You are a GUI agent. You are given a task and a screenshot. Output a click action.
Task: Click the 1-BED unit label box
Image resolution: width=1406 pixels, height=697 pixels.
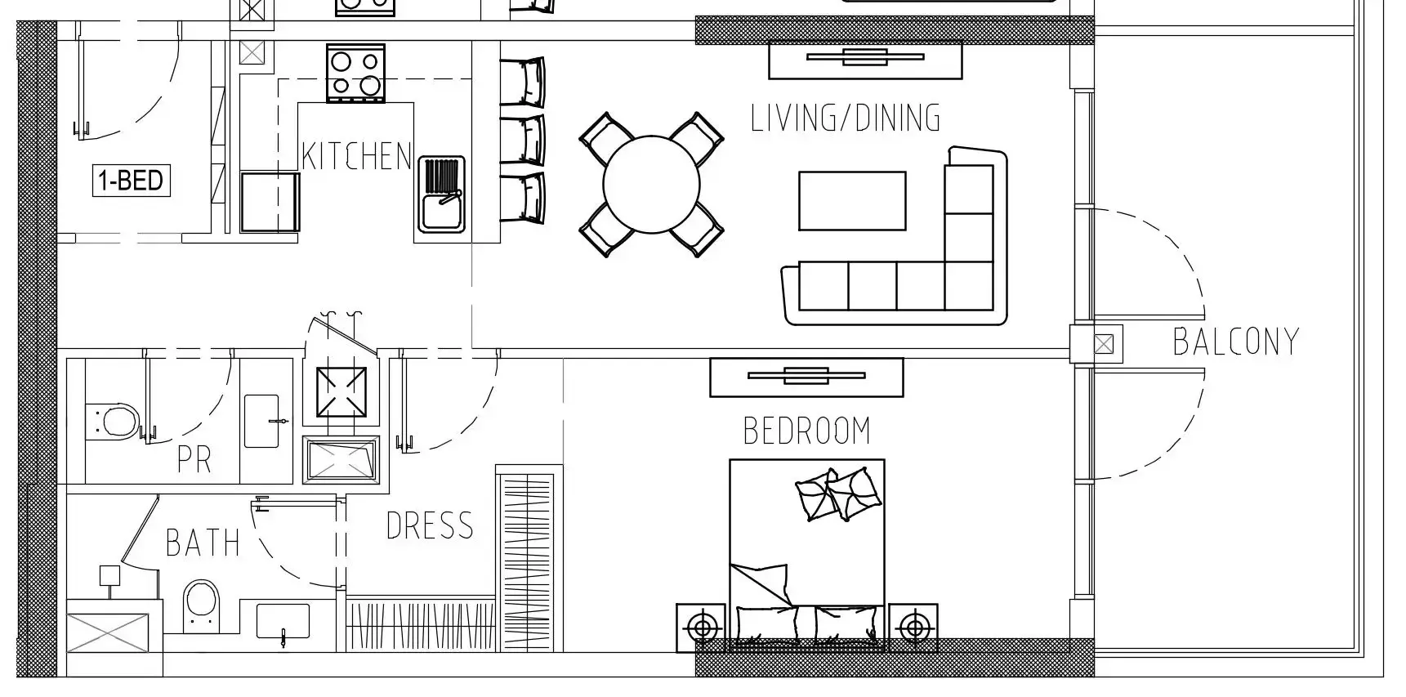[x=131, y=180]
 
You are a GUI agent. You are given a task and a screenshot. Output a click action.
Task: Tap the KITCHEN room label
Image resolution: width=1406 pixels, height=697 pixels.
[x=356, y=156]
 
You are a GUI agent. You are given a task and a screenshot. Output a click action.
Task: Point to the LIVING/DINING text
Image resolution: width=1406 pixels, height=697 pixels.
[x=846, y=118]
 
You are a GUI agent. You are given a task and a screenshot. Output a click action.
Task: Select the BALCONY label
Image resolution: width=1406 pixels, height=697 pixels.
[x=1235, y=342]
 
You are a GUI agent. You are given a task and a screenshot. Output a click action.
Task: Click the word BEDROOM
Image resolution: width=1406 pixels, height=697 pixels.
[x=806, y=431]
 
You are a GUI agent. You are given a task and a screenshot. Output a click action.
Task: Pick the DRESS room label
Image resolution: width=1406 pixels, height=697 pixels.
[x=430, y=525]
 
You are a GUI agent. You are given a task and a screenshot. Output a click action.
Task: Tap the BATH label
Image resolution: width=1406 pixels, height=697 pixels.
[x=203, y=543]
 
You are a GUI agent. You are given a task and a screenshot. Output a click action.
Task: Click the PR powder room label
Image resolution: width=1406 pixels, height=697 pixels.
[x=194, y=460]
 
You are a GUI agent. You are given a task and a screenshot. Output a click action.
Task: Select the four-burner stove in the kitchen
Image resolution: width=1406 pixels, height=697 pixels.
[x=355, y=74]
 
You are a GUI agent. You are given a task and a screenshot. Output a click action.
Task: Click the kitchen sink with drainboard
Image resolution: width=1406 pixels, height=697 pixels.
[x=441, y=194]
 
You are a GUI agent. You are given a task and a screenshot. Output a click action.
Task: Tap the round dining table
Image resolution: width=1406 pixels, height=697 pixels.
[x=651, y=185]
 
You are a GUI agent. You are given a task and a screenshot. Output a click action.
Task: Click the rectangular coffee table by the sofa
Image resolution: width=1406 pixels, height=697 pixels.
[x=852, y=201]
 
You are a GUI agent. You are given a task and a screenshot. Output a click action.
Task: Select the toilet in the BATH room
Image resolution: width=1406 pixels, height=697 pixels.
[x=201, y=605]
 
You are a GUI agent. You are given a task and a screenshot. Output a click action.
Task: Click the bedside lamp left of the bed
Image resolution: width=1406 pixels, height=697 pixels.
[x=701, y=628]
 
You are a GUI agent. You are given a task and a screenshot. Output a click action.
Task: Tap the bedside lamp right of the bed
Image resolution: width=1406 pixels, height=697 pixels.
[x=913, y=628]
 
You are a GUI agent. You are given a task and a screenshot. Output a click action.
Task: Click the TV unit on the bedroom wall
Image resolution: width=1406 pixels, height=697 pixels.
[x=806, y=377]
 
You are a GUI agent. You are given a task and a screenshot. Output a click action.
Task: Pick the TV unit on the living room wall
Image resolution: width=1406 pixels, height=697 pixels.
[x=865, y=59]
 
